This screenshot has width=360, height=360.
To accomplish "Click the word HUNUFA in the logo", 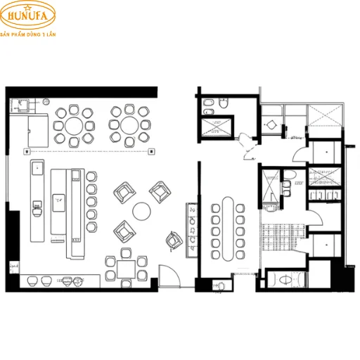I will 28,18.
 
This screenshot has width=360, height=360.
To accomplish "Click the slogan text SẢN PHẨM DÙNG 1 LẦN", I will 29,33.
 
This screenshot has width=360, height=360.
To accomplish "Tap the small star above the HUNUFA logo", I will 28,6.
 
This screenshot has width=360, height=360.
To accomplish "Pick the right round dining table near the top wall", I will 127,125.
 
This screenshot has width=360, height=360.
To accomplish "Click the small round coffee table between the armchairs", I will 142,210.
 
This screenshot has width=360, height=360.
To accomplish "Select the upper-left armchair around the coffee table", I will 124,191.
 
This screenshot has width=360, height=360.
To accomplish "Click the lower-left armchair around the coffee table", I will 124,229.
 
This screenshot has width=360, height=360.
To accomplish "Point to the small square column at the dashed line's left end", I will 26,151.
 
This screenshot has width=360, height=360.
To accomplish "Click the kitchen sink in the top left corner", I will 21,108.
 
